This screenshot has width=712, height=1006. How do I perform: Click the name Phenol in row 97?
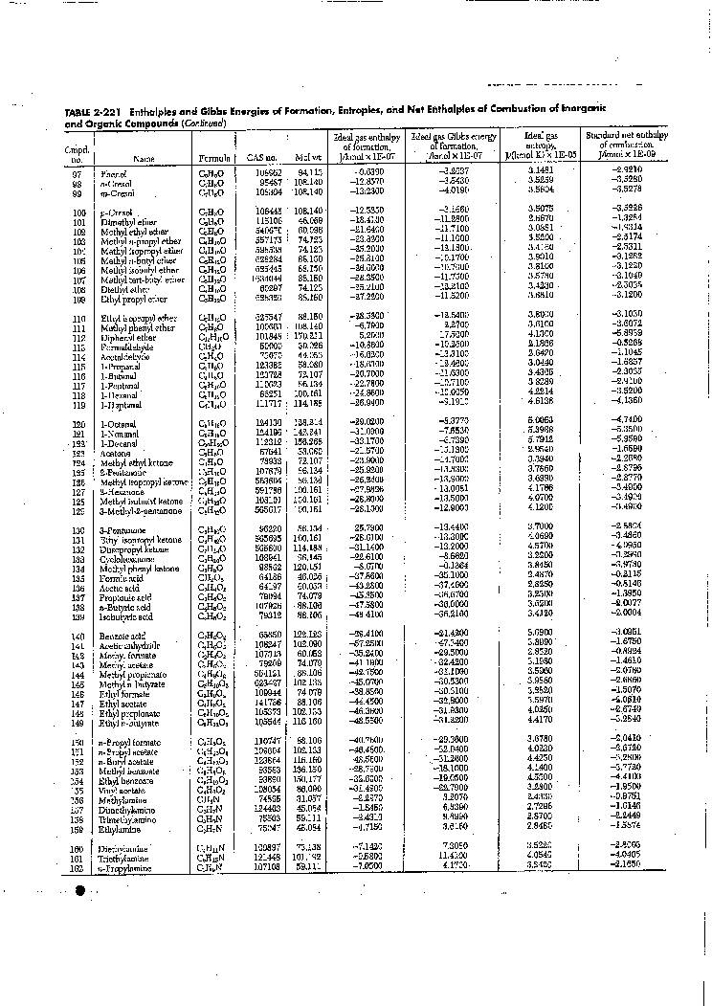(114, 173)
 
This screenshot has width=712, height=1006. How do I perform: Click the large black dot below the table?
(81, 892)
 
